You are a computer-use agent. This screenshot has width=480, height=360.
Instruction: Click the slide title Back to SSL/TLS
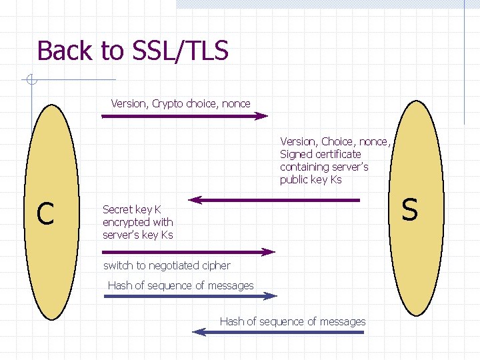click(133, 51)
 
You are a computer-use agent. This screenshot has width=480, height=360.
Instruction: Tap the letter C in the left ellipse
click(45, 213)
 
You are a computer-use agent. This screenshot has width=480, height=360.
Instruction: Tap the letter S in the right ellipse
click(410, 209)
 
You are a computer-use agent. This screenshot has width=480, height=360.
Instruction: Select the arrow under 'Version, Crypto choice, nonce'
click(184, 116)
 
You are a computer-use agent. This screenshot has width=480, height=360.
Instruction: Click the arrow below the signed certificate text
click(274, 199)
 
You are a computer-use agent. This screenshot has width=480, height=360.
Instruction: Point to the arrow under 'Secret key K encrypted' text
click(188, 252)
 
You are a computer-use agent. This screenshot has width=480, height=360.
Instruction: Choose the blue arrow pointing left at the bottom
click(279, 331)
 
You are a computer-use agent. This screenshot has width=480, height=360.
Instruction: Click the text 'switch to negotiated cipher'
click(167, 265)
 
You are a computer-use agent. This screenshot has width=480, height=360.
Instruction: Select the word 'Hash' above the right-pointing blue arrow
click(120, 285)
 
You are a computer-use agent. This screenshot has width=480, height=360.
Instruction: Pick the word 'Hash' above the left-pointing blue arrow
click(232, 321)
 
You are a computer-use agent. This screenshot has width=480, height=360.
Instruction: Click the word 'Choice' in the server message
click(338, 141)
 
